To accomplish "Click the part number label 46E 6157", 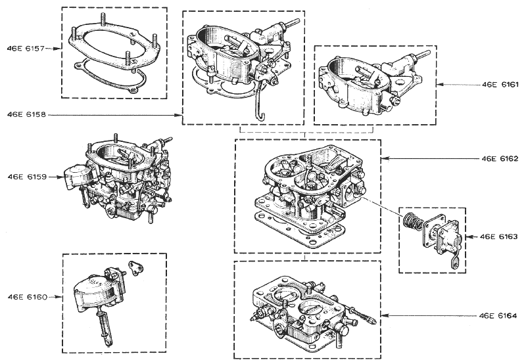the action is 26,49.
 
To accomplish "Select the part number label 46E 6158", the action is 26,115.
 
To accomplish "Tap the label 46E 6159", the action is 27,177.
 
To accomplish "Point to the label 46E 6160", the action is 28,297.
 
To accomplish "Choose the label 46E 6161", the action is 500,85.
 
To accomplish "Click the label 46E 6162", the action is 500,158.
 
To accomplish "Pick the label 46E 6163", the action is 499,236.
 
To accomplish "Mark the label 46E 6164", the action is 498,315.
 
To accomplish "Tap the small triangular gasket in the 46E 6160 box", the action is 137,268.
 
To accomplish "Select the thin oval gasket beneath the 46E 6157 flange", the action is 110,78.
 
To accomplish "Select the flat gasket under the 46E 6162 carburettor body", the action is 300,231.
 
